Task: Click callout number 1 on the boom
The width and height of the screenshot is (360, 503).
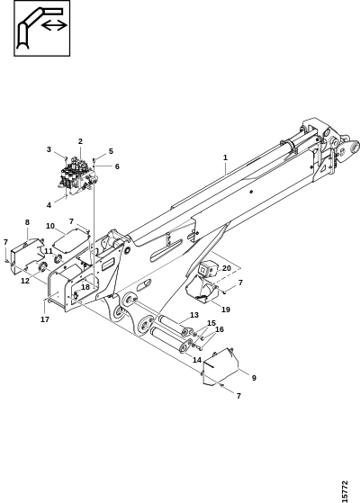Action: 225,157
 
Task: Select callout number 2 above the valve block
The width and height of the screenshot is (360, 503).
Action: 80,141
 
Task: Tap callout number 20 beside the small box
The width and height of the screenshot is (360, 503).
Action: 227,268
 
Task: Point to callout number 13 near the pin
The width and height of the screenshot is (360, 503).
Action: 194,315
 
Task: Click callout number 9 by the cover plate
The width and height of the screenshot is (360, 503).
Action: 254,378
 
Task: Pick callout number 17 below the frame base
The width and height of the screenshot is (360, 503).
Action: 45,319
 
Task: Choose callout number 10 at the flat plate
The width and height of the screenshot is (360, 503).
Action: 50,226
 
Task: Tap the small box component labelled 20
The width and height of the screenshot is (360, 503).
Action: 207,269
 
